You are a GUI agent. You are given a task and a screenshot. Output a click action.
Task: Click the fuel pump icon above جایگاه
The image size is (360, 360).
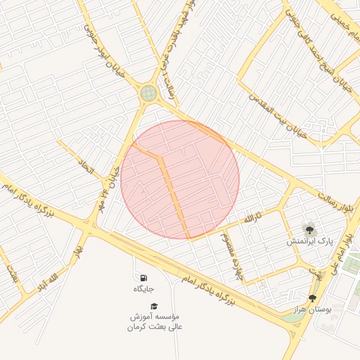[144, 278]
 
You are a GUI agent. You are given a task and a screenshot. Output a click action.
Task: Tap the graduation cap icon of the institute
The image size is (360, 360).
[154, 305]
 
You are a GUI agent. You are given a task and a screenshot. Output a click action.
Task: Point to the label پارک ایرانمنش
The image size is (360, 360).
[309, 241]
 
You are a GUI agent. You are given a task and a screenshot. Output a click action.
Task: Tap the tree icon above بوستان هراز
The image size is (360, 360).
[312, 297]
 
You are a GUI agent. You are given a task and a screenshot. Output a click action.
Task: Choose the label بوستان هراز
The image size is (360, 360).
[311, 309]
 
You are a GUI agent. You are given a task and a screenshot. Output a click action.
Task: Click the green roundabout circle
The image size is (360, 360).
[148, 93]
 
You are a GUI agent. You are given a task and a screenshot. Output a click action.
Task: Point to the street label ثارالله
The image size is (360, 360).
[253, 218]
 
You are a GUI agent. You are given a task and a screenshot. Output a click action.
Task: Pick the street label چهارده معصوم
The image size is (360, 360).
[231, 257]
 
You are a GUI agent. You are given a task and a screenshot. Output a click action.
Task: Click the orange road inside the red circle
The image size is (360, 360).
[174, 193]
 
